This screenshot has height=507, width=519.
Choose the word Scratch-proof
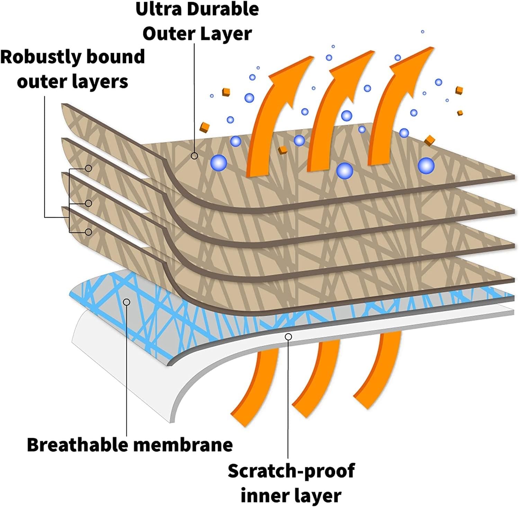coord(291,471)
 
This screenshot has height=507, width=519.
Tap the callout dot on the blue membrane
coord(127,302)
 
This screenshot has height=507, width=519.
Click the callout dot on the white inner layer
coord(288,336)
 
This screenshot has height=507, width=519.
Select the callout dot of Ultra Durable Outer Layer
coord(195,156)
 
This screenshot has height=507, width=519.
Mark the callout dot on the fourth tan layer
coord(88,232)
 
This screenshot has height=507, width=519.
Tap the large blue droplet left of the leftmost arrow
coord(218,163)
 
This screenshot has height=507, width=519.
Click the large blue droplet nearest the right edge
coord(426,166)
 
